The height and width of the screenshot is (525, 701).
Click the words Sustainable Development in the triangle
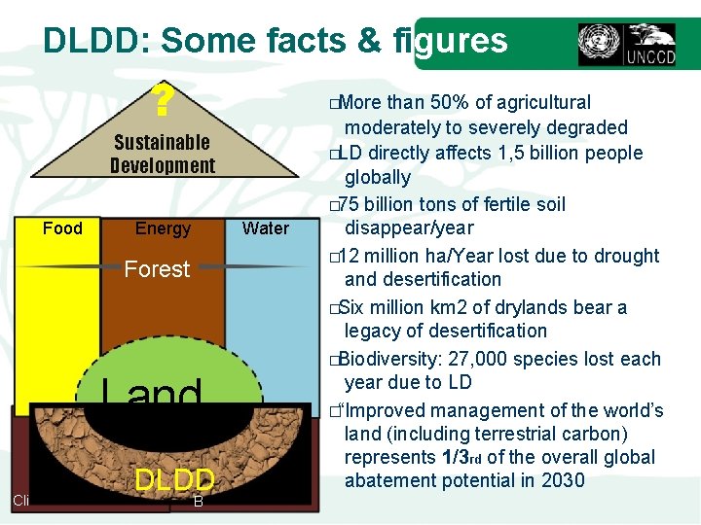(x=163, y=154)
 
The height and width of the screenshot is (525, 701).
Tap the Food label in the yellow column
(x=62, y=228)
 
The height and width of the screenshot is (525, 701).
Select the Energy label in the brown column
(x=163, y=228)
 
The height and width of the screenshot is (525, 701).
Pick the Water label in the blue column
(x=266, y=228)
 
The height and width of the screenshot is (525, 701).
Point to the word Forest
(x=157, y=269)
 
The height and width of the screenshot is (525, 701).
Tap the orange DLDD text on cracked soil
(x=174, y=480)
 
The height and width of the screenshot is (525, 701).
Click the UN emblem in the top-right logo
(x=598, y=44)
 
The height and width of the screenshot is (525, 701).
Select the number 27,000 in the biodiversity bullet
(x=509, y=359)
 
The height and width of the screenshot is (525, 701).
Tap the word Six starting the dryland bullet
(x=356, y=307)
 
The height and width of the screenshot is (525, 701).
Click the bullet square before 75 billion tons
(x=333, y=205)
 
